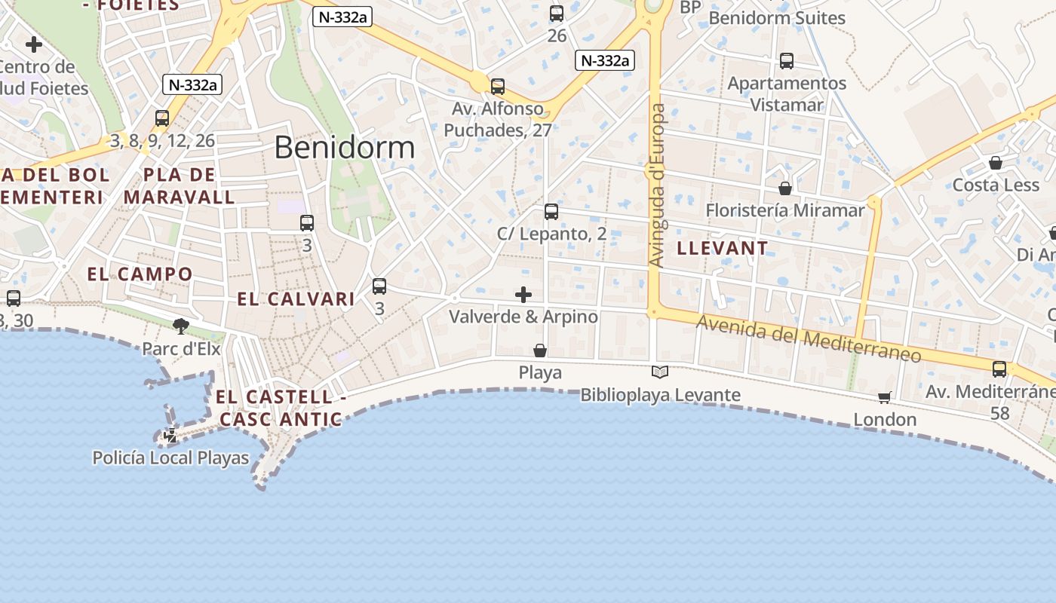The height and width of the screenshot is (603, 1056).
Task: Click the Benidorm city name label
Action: pyautogui.click(x=344, y=148)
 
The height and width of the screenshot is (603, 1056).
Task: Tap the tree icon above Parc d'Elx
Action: pyautogui.click(x=181, y=326)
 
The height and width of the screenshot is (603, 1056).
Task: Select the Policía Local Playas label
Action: pyautogui.click(x=170, y=458)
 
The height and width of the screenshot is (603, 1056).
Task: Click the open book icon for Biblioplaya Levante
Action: pyautogui.click(x=660, y=372)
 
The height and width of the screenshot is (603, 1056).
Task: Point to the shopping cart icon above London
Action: pyautogui.click(x=885, y=397)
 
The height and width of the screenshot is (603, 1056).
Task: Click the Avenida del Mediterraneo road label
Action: pyautogui.click(x=809, y=338)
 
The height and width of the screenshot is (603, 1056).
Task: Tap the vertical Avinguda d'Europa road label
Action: pyautogui.click(x=657, y=185)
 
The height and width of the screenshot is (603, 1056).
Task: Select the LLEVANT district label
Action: pyautogui.click(x=723, y=248)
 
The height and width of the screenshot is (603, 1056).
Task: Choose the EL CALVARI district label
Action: pyautogui.click(x=296, y=299)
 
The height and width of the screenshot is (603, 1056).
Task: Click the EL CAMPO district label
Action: pyautogui.click(x=140, y=274)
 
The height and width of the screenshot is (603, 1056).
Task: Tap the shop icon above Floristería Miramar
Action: pyautogui.click(x=785, y=188)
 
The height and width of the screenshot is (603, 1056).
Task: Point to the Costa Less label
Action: pyautogui.click(x=996, y=185)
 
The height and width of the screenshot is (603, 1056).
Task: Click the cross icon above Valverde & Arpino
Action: pyautogui.click(x=523, y=295)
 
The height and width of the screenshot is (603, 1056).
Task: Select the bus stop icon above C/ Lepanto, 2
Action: pyautogui.click(x=551, y=212)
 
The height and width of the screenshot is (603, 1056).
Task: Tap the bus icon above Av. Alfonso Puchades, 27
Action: pyautogui.click(x=498, y=87)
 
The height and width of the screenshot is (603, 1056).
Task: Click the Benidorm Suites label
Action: pyautogui.click(x=777, y=17)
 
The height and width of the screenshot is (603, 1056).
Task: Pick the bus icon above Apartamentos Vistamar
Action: pyautogui.click(x=787, y=61)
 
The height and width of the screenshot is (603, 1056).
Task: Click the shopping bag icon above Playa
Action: pyautogui.click(x=540, y=350)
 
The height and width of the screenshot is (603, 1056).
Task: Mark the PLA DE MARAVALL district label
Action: pyautogui.click(x=180, y=186)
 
